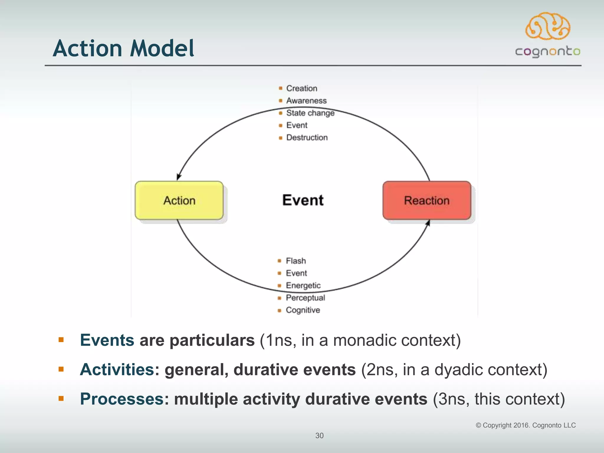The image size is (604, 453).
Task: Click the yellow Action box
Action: [179, 201]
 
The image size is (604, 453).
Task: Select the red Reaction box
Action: [426, 201]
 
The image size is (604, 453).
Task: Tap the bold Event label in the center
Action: [303, 200]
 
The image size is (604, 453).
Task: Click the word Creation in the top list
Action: [302, 88]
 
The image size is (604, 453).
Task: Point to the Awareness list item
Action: [306, 101]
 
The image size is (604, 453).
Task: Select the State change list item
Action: [310, 113]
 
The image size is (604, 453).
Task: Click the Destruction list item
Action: [307, 138]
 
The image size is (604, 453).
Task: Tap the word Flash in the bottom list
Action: [296, 261]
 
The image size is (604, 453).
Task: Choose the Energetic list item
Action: [303, 285]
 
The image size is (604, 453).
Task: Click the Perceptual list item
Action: [305, 298]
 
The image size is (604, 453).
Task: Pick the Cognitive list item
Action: [303, 310]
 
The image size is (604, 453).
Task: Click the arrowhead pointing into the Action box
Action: [178, 177]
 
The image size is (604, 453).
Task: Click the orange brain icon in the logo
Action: [548, 26]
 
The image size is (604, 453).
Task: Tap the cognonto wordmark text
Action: [548, 52]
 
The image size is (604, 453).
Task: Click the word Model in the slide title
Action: [162, 49]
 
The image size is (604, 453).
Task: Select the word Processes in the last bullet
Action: [122, 399]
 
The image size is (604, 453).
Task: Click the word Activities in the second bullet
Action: [117, 370]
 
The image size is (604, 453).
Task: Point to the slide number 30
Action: [319, 436]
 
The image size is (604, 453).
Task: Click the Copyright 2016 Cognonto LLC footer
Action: [526, 425]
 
